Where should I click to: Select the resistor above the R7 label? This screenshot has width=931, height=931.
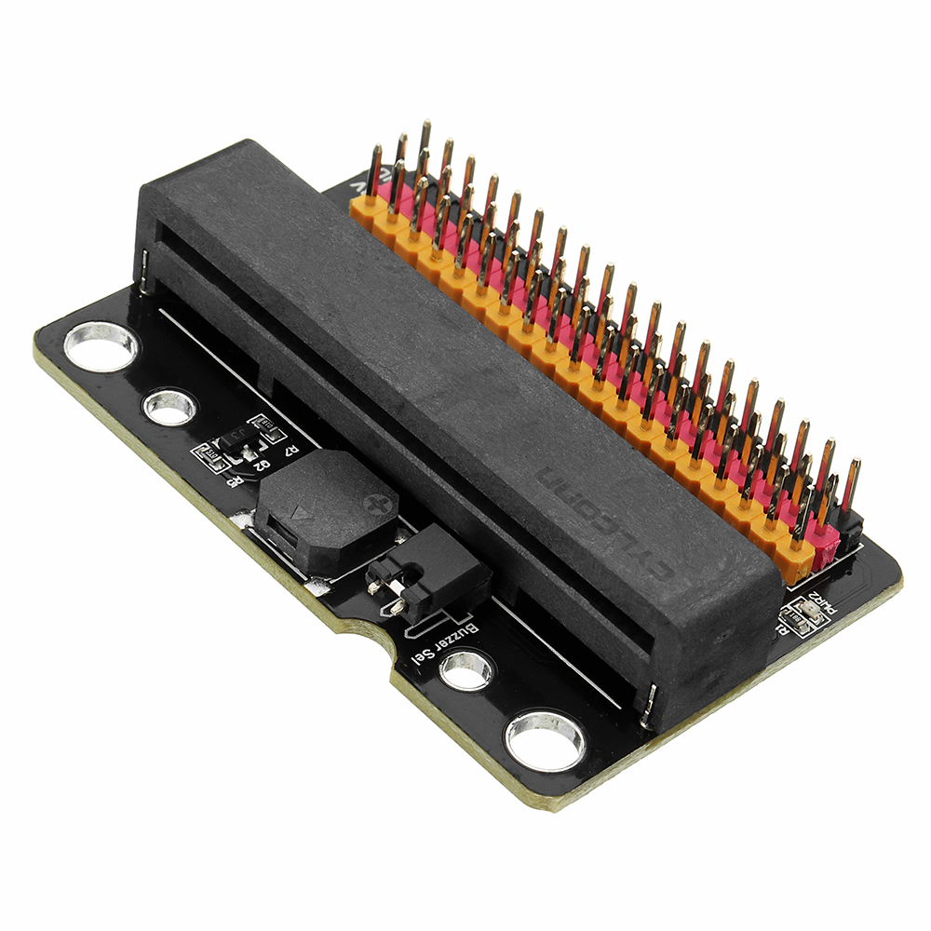pyautogui.click(x=268, y=426)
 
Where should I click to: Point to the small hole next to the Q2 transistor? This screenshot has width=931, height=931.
pyautogui.click(x=170, y=407)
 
